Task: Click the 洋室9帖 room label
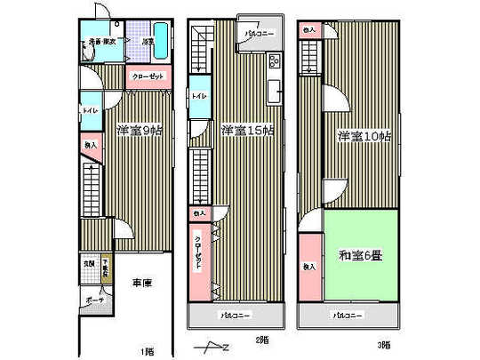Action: pyautogui.click(x=139, y=131)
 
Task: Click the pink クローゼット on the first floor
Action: pyautogui.click(x=147, y=76)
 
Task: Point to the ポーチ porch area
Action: pyautogui.click(x=94, y=299)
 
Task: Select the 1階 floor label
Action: pyautogui.click(x=146, y=349)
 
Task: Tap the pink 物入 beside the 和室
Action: pyautogui.click(x=308, y=267)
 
